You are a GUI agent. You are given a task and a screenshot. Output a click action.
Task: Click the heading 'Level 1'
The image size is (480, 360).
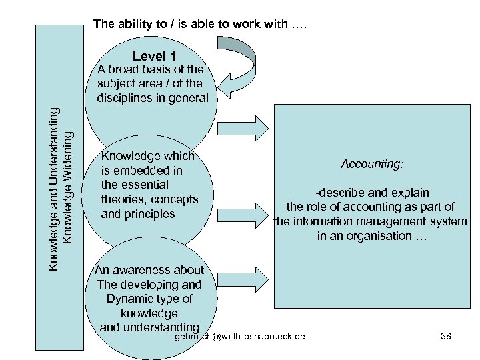(x=155, y=57)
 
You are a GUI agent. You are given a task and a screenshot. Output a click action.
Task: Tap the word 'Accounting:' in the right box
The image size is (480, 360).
(x=371, y=163)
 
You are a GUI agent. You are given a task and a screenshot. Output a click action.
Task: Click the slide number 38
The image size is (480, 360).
(x=446, y=336)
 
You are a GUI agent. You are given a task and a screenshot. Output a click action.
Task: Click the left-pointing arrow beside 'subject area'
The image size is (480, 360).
(x=237, y=86)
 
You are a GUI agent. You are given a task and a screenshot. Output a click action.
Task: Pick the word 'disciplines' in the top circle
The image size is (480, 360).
(x=125, y=98)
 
